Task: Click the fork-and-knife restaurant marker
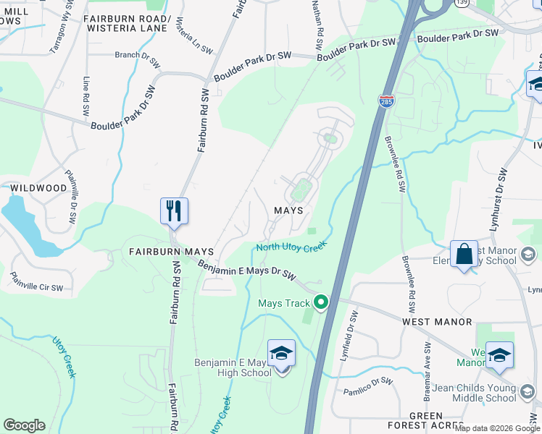[x=174, y=211]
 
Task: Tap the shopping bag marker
[x=464, y=255]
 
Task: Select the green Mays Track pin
[x=320, y=303]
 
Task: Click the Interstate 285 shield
[x=386, y=102]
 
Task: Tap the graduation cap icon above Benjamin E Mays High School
[x=281, y=354]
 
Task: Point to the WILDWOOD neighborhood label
[x=38, y=188]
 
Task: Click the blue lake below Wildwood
[x=25, y=224]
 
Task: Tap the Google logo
[x=24, y=425]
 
